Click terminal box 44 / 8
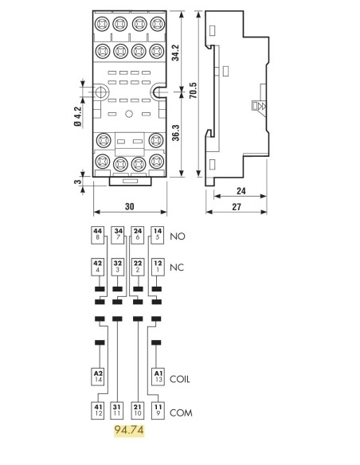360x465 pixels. (x=97, y=236)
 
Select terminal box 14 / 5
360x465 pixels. (x=158, y=236)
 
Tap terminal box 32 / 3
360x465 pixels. (x=118, y=268)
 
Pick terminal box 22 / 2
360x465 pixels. (x=138, y=268)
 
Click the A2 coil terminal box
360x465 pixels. (x=98, y=377)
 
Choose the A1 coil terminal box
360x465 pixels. (x=158, y=377)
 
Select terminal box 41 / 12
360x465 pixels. (x=98, y=411)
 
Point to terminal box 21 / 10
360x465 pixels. (x=138, y=411)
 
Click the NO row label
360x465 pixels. (x=178, y=236)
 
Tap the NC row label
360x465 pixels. (x=177, y=268)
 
